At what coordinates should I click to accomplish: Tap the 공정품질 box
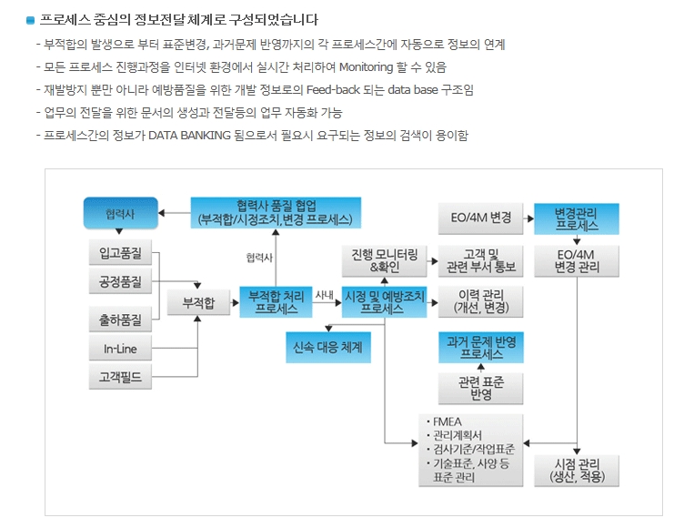[120, 281]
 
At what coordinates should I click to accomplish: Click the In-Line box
[120, 349]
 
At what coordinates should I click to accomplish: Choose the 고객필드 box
[120, 377]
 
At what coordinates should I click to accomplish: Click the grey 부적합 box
[198, 302]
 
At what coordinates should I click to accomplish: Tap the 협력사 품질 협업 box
[277, 212]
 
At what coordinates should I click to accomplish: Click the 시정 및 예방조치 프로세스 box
[385, 302]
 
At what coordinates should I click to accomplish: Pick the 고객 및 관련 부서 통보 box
[481, 260]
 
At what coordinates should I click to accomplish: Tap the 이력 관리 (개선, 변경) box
[481, 302]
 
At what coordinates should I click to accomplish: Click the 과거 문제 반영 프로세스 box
[481, 347]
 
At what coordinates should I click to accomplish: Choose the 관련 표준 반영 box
[481, 389]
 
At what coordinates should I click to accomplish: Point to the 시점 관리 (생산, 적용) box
[577, 469]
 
